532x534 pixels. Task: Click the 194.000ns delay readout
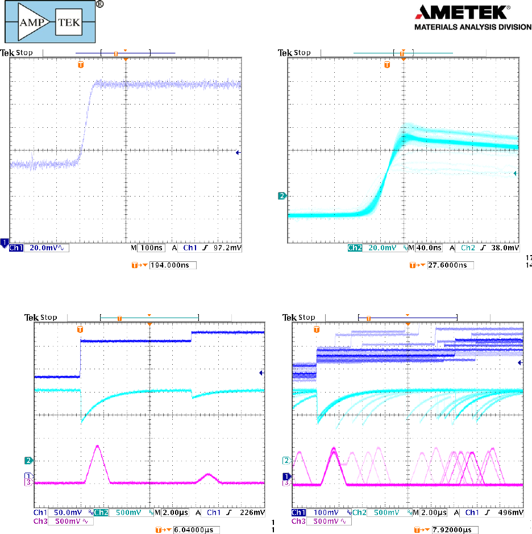pyautogui.click(x=173, y=265)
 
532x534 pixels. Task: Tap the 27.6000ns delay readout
pyautogui.click(x=450, y=265)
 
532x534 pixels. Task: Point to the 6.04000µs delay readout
pyautogui.click(x=197, y=529)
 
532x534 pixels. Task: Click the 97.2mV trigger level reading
pyautogui.click(x=230, y=248)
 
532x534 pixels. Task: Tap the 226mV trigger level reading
pyautogui.click(x=254, y=512)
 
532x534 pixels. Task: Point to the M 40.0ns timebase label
pyautogui.click(x=426, y=248)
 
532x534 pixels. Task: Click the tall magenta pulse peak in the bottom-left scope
pyautogui.click(x=98, y=447)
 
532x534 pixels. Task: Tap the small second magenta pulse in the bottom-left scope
pyautogui.click(x=209, y=474)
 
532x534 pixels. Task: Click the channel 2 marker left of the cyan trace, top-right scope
pyautogui.click(x=281, y=196)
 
